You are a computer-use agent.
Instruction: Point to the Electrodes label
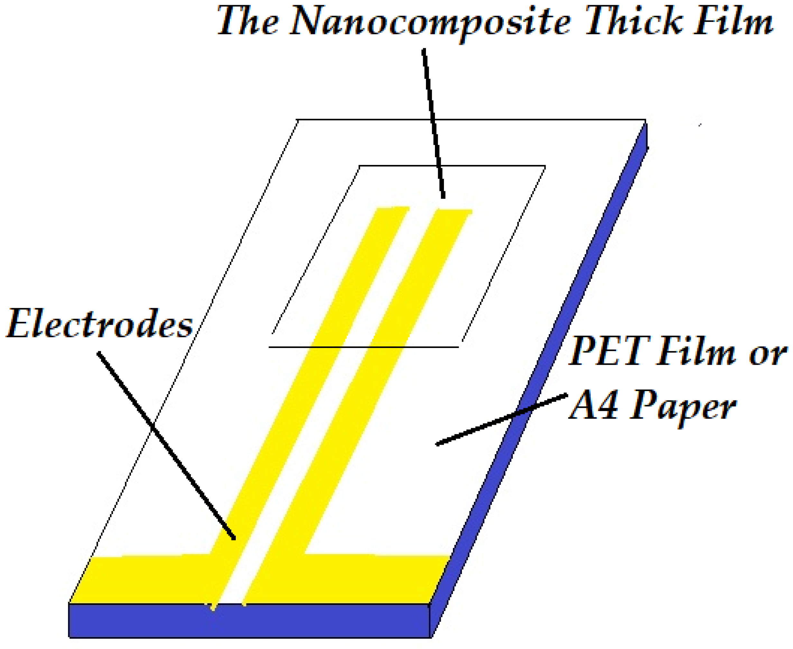pyautogui.click(x=99, y=324)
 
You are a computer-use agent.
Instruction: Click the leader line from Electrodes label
pyautogui.click(x=166, y=445)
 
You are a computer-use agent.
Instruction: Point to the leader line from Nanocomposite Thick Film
pyautogui.click(x=434, y=123)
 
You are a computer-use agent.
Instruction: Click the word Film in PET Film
pyautogui.click(x=694, y=352)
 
